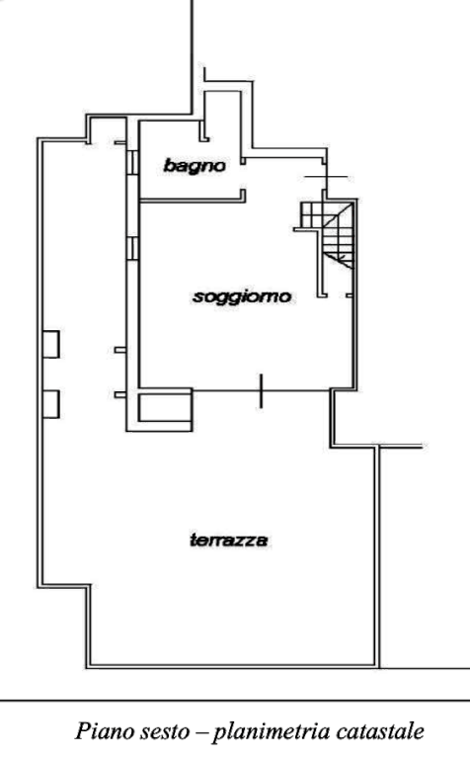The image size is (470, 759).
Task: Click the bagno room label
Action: tap(195, 166)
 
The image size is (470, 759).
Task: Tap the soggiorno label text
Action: tap(242, 296)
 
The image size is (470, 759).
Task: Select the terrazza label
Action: tap(229, 540)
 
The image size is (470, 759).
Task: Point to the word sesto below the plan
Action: tap(165, 732)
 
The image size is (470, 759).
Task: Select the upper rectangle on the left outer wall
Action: tap(51, 344)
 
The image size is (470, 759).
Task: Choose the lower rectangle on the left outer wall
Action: tap(51, 404)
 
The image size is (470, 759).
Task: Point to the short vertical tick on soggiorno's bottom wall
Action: tap(261, 390)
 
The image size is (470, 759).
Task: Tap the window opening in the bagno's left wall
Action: tap(132, 162)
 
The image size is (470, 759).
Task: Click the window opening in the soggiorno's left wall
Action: tap(132, 247)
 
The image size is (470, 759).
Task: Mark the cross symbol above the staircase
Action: tap(326, 177)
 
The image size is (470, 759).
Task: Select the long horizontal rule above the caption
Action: tap(235, 701)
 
